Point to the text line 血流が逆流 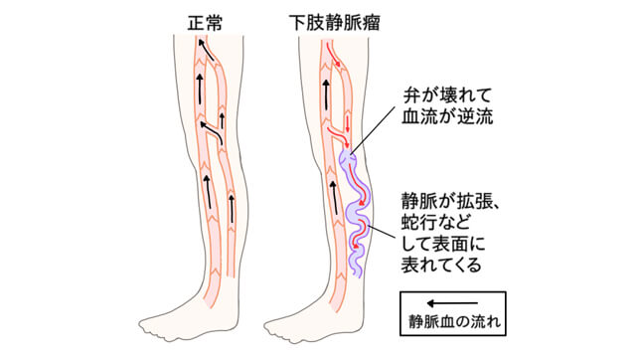[437, 118]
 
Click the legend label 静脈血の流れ [452, 320]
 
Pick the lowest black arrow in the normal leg [231, 208]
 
